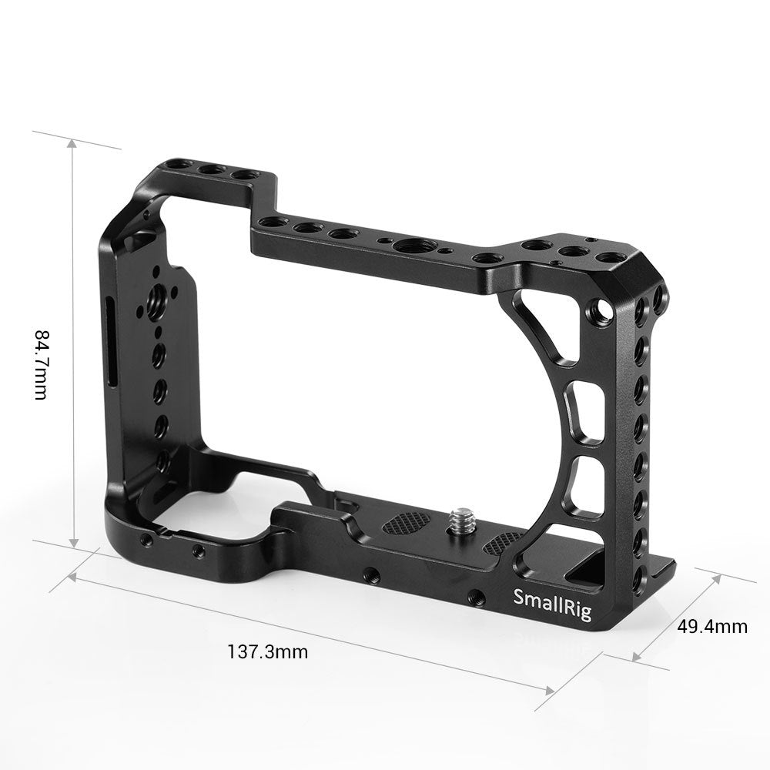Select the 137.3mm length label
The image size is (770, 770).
[267, 652]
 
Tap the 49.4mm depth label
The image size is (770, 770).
[711, 626]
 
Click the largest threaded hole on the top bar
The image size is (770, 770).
[404, 246]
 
